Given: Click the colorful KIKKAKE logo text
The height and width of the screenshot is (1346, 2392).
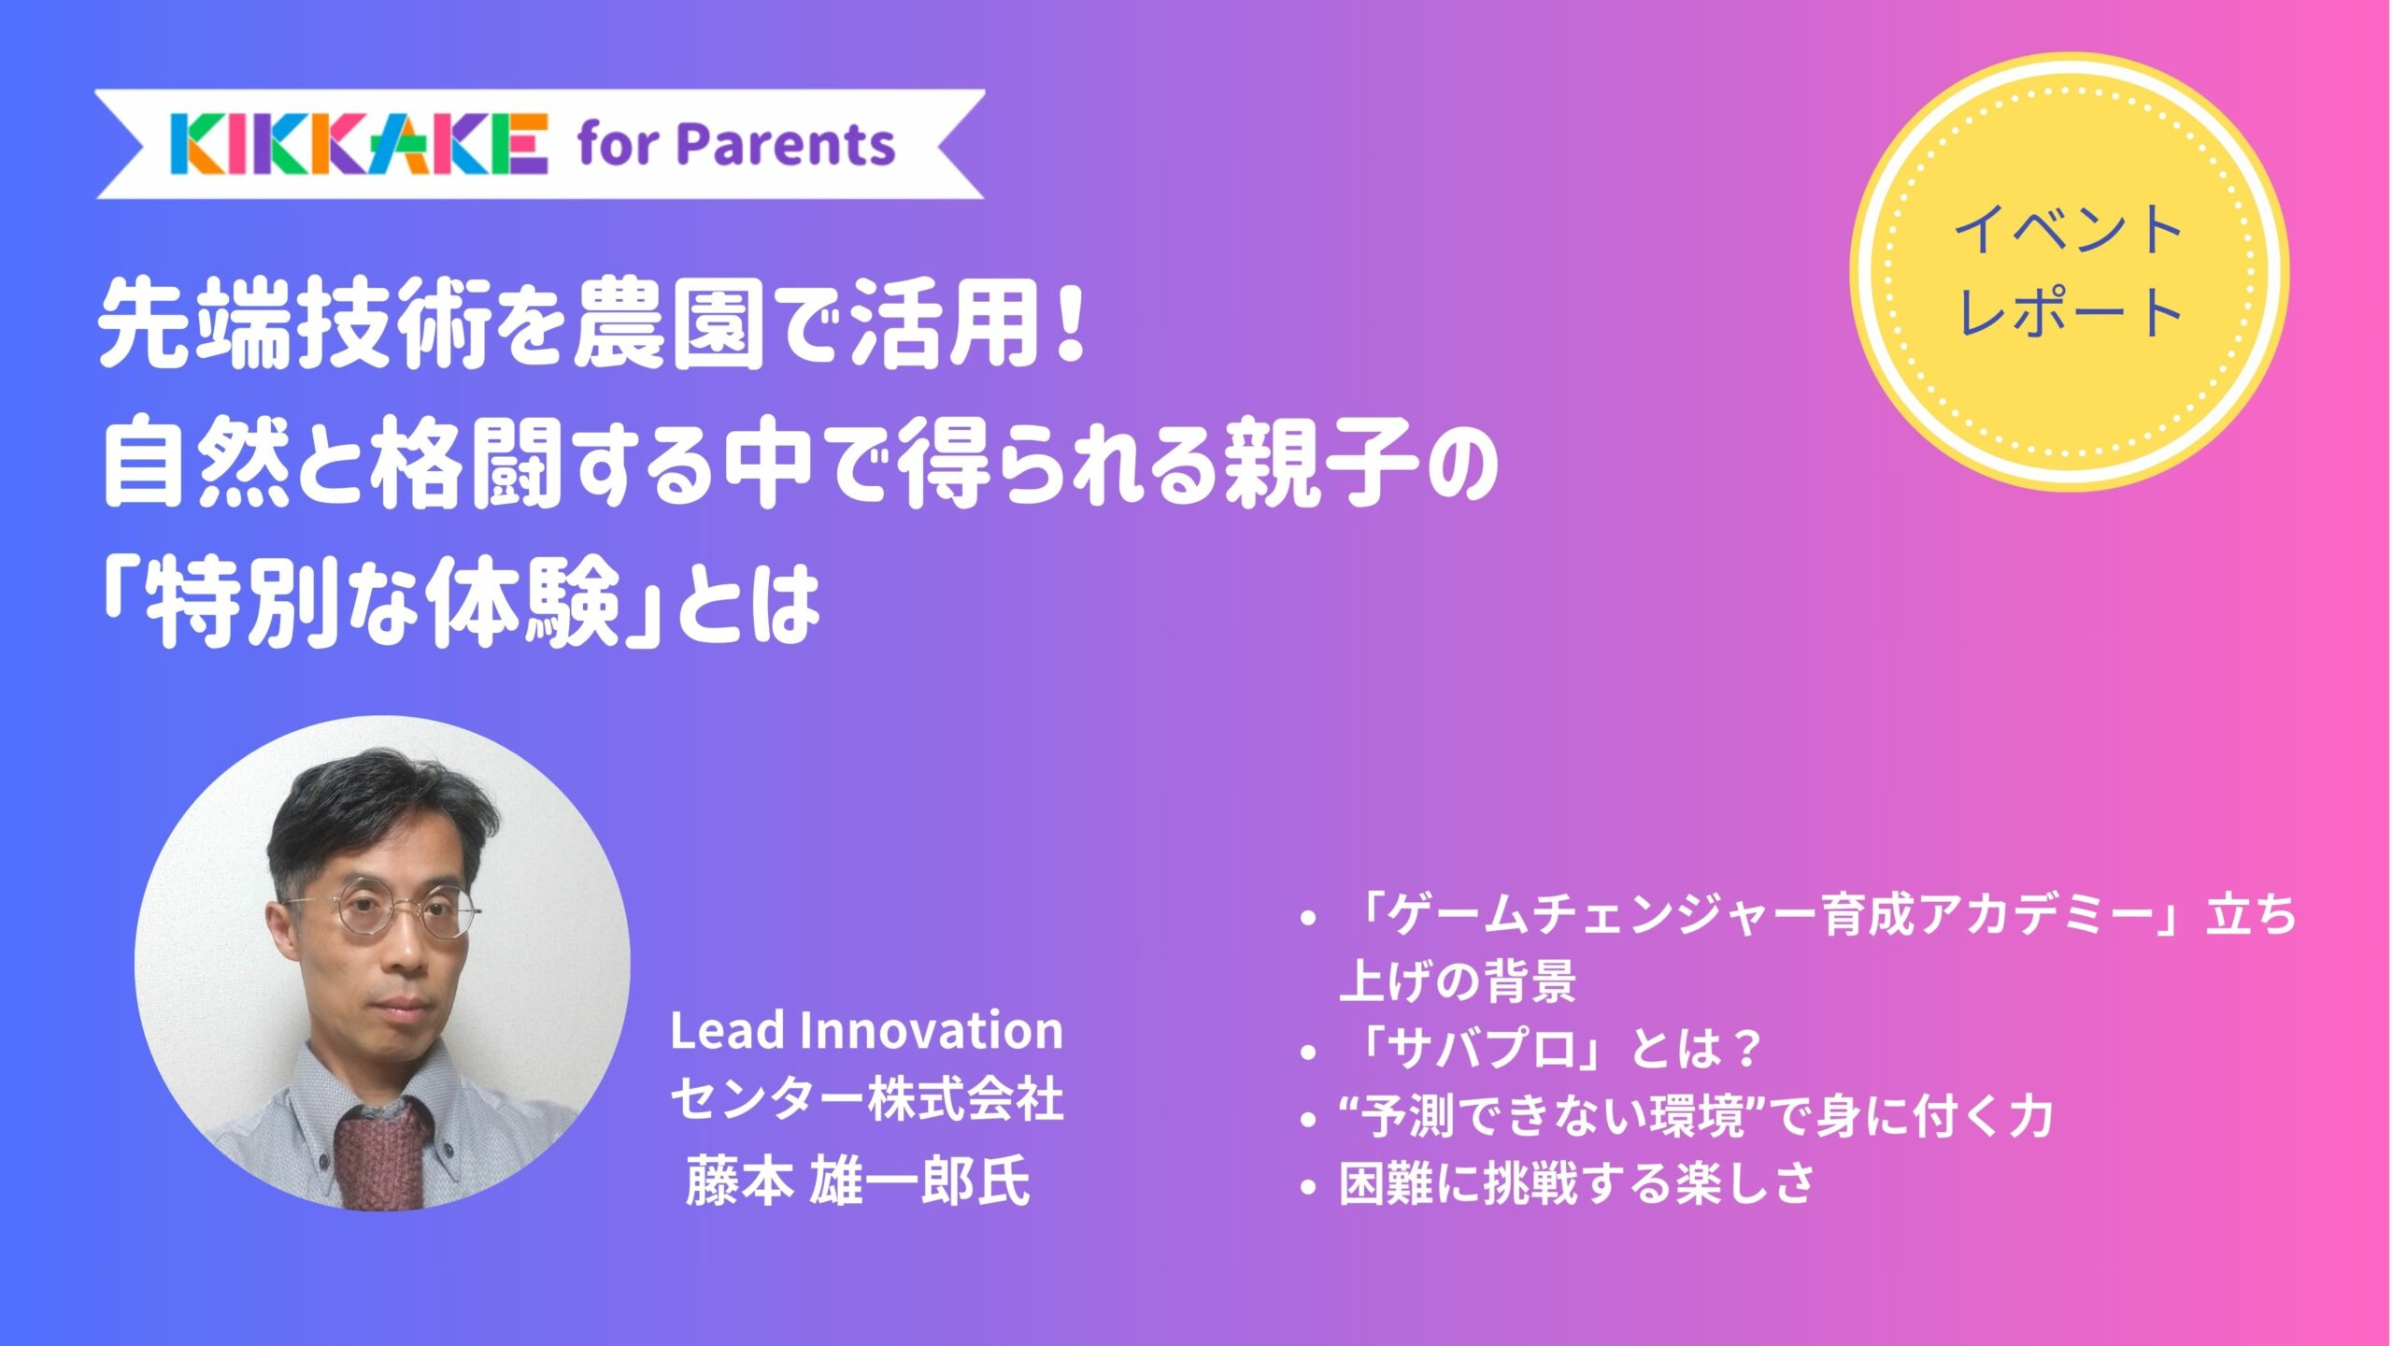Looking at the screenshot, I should pos(359,145).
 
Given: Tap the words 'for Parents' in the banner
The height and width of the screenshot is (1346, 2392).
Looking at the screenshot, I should pos(736,145).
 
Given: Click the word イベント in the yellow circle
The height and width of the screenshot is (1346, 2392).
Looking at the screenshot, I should pos(2068,230).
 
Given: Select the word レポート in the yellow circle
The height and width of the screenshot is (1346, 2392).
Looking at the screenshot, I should pos(2068,313).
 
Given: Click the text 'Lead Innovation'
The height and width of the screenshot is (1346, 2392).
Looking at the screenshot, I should pos(866,1031).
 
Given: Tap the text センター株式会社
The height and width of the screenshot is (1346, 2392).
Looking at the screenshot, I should pos(866,1099).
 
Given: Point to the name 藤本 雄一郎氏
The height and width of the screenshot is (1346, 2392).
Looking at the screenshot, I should pos(857,1181).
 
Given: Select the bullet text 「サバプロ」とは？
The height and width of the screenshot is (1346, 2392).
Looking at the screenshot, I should pos(1551,1048).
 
